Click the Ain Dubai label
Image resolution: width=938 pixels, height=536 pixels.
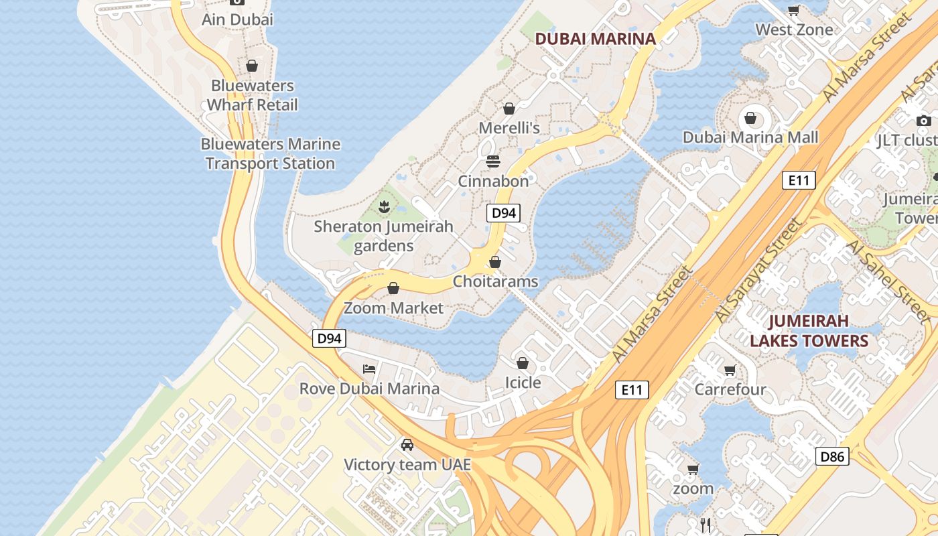pos(237,19)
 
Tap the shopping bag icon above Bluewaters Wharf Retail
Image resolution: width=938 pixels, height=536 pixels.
pos(252,66)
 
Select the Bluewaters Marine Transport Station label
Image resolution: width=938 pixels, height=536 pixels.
pos(271,153)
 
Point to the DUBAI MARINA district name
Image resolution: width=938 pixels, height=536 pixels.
pos(596,39)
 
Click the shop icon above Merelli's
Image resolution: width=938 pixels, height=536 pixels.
pos(509,108)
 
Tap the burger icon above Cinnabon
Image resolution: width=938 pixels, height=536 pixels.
pos(493,161)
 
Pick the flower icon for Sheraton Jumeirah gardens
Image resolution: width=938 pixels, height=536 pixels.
pos(384,206)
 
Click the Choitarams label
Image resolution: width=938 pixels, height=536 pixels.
pos(495,281)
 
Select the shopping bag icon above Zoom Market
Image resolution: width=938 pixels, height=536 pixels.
pos(393,288)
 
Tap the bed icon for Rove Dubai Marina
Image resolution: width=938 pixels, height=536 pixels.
pos(368,368)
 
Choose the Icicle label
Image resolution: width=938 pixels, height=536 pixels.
pos(523,383)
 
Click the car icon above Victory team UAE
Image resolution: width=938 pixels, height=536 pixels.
pos(407,444)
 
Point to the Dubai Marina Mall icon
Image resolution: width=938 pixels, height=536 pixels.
pos(750,118)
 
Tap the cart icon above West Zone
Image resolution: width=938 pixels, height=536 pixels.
pos(794,10)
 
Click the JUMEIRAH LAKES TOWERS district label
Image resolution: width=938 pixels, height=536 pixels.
pos(809,331)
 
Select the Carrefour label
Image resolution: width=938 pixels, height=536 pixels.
pos(730,389)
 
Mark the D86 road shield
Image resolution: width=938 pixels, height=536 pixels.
pos(833,457)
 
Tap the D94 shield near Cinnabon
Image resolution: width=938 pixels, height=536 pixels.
pos(503,213)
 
